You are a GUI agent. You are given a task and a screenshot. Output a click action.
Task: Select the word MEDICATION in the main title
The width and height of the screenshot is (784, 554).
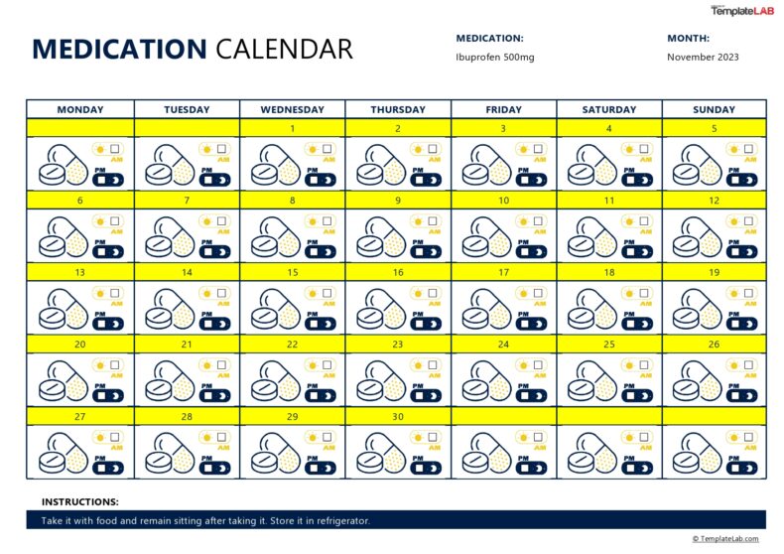(x=119, y=49)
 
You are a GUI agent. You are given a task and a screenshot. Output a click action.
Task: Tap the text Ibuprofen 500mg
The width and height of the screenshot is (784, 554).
(x=494, y=57)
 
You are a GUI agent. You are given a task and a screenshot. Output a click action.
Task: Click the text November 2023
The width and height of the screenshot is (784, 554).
(x=703, y=57)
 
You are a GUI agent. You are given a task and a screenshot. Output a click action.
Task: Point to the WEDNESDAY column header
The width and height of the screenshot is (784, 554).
(x=292, y=109)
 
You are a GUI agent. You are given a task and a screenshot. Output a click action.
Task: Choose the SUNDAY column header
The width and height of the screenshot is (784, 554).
(x=715, y=109)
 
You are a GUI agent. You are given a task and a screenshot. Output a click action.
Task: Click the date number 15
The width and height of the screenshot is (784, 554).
(x=292, y=271)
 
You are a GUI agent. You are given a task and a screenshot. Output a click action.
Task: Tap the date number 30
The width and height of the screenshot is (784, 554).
(x=398, y=417)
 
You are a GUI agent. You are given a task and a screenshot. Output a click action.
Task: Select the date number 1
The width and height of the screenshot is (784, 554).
(x=292, y=128)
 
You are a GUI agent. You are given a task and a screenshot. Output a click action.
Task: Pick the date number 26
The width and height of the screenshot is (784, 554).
(x=715, y=345)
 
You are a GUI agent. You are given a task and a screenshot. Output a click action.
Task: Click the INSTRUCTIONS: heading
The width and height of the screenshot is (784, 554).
(x=79, y=502)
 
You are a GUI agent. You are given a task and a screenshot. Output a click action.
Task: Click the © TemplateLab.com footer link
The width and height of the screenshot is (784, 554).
(x=725, y=539)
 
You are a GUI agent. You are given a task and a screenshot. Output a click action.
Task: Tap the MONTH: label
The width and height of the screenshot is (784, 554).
(x=688, y=38)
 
